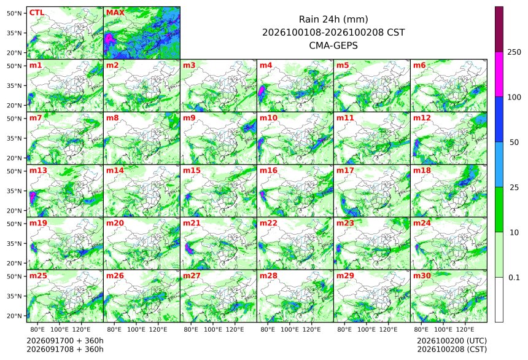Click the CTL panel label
37,13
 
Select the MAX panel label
115,13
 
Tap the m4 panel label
266,65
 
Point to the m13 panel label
39,171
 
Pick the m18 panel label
422,171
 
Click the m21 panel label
192,223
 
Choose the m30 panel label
422,276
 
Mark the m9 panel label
189,118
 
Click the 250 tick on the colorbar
514,52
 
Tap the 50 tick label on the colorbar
514,143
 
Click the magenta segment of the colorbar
499,74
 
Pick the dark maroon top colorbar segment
499,29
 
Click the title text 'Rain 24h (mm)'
333,19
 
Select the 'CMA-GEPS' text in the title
333,45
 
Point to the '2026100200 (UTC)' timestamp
452,341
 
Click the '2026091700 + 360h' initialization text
65,341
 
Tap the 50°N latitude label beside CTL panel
14,13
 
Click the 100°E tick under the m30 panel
443,329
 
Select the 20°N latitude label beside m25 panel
14,316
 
